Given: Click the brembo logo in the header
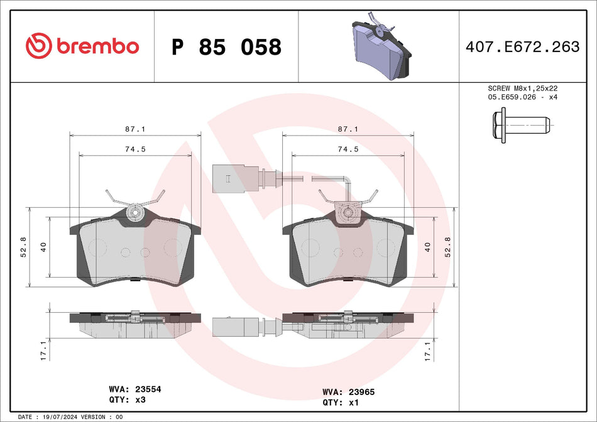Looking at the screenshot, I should pyautogui.click(x=82, y=46).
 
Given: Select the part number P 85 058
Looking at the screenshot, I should pyautogui.click(x=226, y=47).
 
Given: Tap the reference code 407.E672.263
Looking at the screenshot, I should pyautogui.click(x=522, y=46).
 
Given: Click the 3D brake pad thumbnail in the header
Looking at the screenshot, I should pyautogui.click(x=381, y=47).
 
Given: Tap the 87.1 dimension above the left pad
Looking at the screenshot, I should pyautogui.click(x=136, y=129).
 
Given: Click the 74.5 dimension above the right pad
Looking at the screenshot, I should pyautogui.click(x=348, y=149).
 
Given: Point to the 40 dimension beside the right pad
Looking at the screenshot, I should pyautogui.click(x=427, y=247).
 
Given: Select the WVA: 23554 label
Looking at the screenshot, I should pyautogui.click(x=135, y=389).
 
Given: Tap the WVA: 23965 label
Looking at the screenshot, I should pyautogui.click(x=348, y=391).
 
